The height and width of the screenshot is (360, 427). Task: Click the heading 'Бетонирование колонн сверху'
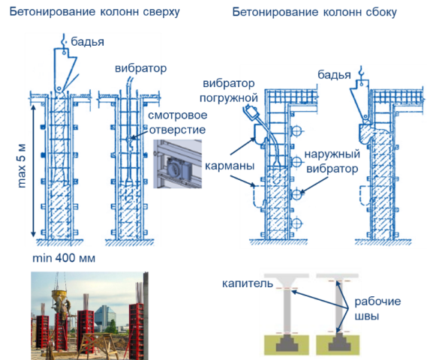(x=95, y=12)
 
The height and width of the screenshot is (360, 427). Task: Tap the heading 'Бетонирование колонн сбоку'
(x=314, y=12)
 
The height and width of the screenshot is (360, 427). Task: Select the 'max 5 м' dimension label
(x=22, y=166)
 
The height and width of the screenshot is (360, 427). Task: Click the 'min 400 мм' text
(x=64, y=258)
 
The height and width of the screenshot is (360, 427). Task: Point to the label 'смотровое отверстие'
(x=177, y=122)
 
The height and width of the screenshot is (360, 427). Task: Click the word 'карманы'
(x=230, y=166)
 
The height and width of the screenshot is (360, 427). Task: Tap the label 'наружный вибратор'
(x=332, y=161)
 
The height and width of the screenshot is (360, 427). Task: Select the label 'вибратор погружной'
(x=229, y=91)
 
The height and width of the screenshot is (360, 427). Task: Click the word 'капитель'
(x=248, y=283)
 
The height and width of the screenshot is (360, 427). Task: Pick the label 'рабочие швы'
(x=377, y=308)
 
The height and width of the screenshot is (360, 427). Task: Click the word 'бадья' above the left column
(x=87, y=42)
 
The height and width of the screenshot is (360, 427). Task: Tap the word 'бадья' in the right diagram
(x=334, y=75)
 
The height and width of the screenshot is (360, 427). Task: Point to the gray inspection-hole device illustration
(x=177, y=163)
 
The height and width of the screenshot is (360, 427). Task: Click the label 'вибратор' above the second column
(x=140, y=68)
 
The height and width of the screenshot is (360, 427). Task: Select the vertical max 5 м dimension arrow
(x=33, y=171)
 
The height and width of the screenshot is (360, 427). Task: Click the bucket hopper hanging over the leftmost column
(x=65, y=70)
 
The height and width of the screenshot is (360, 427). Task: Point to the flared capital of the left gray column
(x=287, y=283)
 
